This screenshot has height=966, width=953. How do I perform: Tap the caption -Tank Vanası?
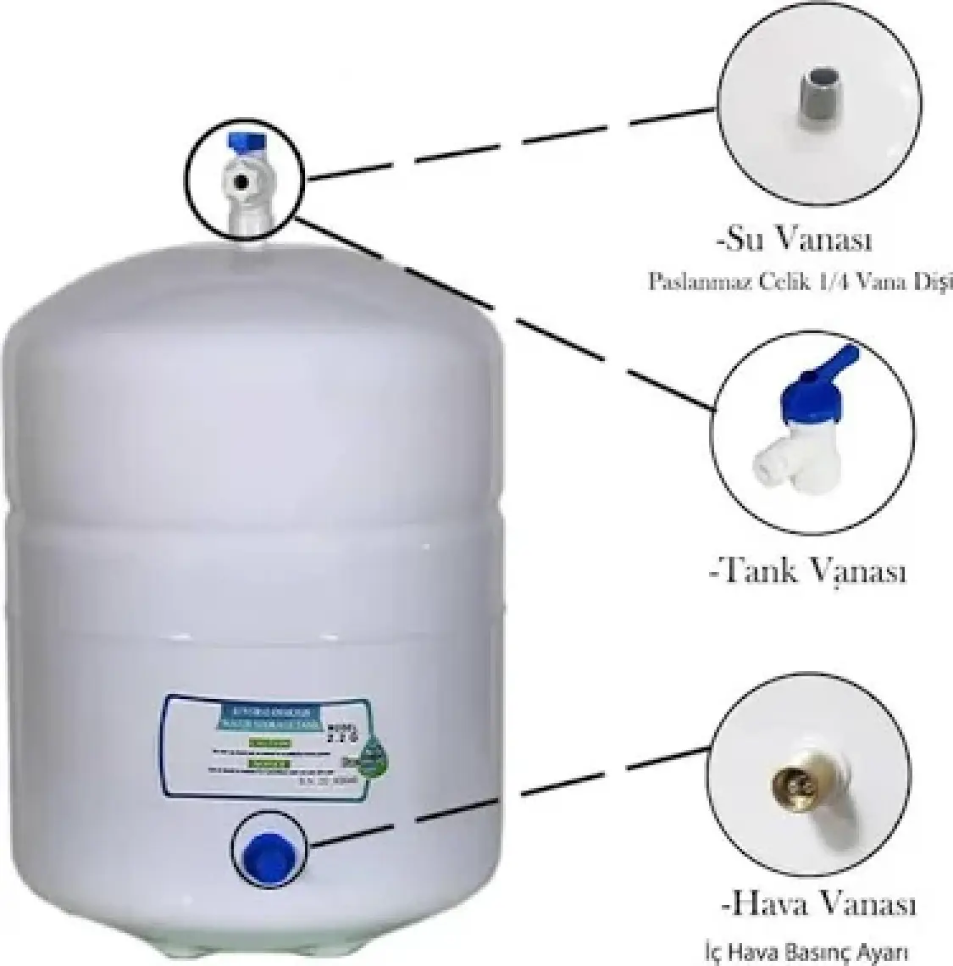click(x=807, y=571)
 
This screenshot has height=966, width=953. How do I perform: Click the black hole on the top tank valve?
click(x=243, y=181)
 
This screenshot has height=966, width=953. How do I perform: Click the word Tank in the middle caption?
click(x=756, y=571)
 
